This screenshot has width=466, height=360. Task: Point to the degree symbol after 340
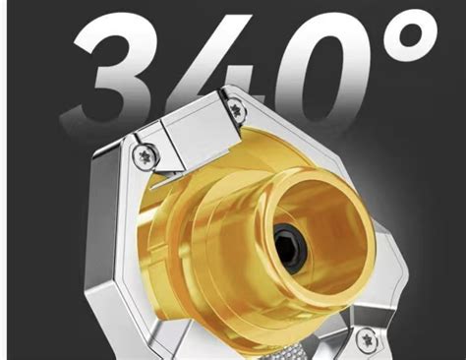pyautogui.click(x=412, y=36)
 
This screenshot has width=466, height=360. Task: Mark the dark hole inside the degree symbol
pyautogui.click(x=412, y=37)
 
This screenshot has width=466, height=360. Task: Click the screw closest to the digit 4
pyautogui.click(x=235, y=107)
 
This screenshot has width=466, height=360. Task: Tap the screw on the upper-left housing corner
pyautogui.click(x=145, y=155)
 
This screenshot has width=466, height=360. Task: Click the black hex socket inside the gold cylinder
pyautogui.click(x=290, y=243)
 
